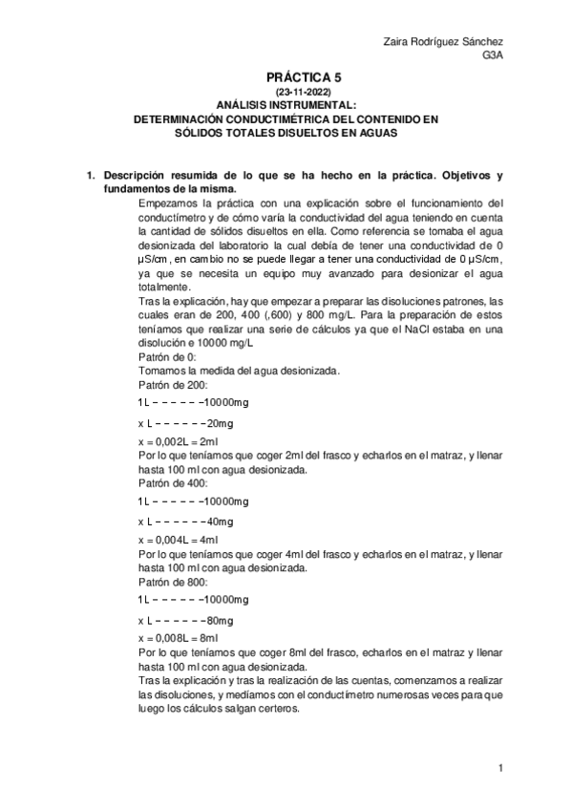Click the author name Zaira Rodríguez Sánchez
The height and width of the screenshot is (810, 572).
[442, 42]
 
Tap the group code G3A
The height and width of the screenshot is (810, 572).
[494, 55]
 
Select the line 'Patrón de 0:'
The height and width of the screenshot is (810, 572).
[167, 357]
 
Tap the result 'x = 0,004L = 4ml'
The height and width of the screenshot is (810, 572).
[179, 537]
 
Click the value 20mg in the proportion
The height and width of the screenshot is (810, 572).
[221, 423]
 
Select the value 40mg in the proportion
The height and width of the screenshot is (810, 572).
[221, 521]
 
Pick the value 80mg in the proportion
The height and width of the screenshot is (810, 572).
[221, 619]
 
